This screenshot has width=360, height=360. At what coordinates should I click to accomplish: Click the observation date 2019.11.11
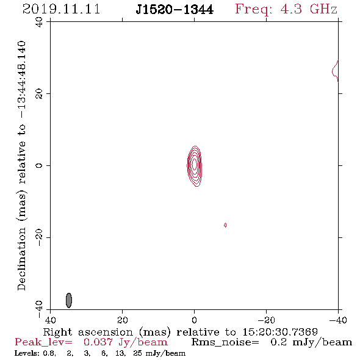coord(61,9)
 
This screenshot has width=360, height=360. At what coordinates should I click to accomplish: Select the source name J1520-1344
coord(175,10)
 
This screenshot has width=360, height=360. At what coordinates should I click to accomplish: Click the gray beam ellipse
coord(69,300)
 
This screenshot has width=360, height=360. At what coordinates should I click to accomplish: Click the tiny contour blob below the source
coord(225,225)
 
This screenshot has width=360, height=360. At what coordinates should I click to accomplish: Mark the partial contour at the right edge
coord(335,71)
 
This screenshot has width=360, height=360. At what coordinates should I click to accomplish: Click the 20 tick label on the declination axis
coord(39,94)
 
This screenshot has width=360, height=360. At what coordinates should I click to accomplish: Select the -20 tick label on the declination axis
coord(39,237)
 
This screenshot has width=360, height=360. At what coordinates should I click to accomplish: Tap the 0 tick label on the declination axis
coord(39,165)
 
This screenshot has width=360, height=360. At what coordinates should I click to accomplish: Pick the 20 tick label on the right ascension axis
coord(123,320)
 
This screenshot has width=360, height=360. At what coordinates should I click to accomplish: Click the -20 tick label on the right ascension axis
coord(266,320)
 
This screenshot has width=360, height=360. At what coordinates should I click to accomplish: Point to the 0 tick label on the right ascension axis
coord(195,320)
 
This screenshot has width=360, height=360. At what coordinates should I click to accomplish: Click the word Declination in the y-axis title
coord(21,259)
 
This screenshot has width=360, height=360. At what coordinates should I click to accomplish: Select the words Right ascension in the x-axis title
coord(88,332)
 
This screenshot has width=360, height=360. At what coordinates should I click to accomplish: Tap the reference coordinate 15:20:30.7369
coord(280,332)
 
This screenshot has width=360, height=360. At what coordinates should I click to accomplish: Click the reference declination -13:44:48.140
coord(22,80)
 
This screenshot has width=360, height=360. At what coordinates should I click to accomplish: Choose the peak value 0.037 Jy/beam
coord(125,342)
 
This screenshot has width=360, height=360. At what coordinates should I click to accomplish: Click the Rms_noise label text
coord(225,342)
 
